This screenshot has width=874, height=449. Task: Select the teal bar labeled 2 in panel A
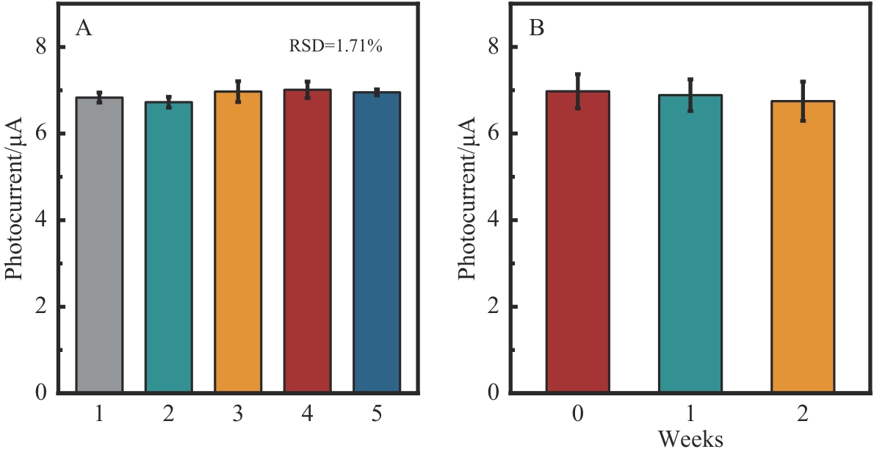(x=169, y=247)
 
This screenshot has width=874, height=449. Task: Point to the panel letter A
(x=83, y=29)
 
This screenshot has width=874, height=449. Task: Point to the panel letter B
(x=537, y=29)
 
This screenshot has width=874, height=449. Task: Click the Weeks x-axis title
(x=690, y=439)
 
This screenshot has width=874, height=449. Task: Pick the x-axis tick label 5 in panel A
(x=377, y=414)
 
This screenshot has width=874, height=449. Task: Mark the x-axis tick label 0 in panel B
(x=578, y=414)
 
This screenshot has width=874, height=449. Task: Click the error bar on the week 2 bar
(x=803, y=101)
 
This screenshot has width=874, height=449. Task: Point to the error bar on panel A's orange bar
(x=238, y=91)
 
